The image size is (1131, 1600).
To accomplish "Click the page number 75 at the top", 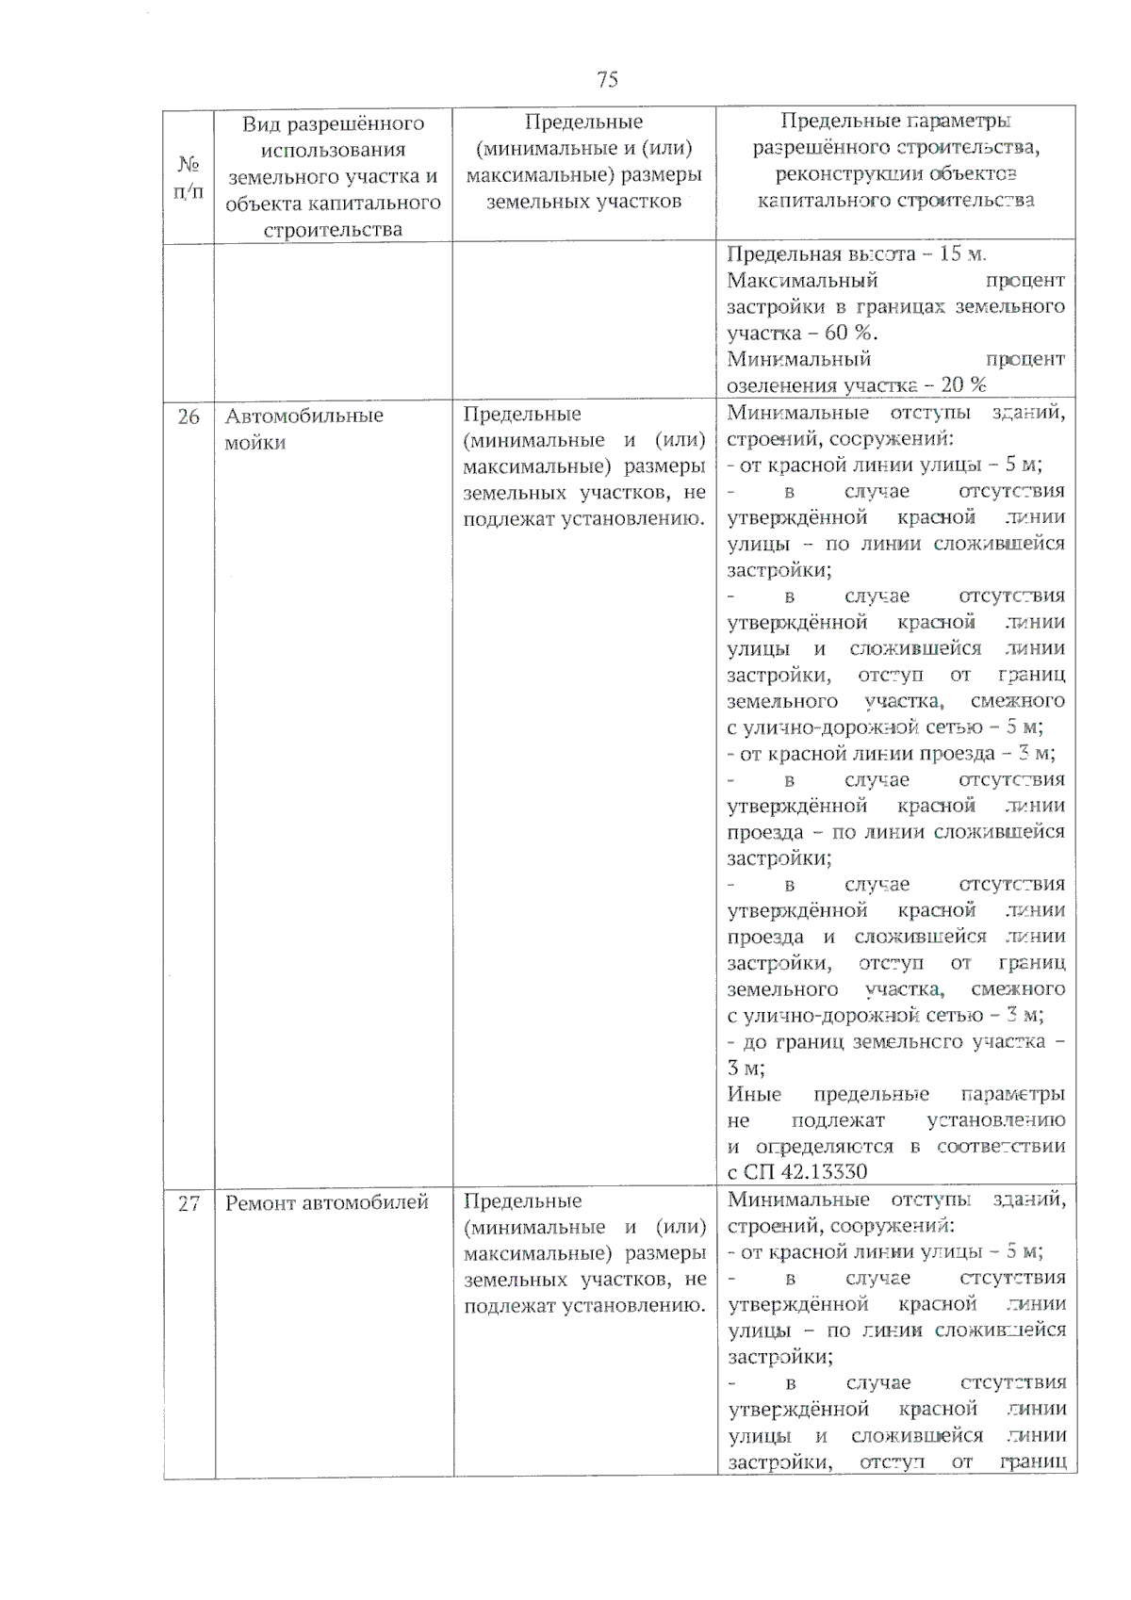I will click(x=607, y=79).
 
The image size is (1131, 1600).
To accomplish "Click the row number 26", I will click(x=188, y=416).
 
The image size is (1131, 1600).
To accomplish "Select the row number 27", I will click(x=188, y=1203).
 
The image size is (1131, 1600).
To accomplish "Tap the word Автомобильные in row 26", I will click(x=303, y=416).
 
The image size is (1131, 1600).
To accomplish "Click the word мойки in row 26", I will click(x=254, y=443).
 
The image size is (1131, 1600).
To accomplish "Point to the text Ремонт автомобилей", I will click(x=326, y=1202).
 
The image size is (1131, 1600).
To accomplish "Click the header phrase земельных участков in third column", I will click(x=582, y=201).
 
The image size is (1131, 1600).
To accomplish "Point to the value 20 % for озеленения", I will click(x=963, y=384).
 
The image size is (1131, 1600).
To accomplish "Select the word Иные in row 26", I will click(x=754, y=1094).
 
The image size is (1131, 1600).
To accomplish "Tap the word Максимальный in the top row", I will click(x=802, y=280).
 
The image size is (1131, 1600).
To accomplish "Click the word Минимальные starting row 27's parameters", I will click(x=797, y=1200).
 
